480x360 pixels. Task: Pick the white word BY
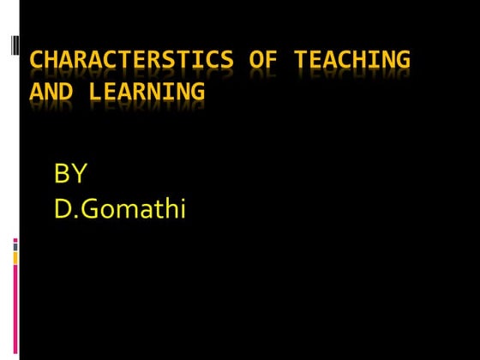[x=70, y=175]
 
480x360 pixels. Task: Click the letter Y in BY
[x=79, y=175]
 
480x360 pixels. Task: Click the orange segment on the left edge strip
[x=15, y=256]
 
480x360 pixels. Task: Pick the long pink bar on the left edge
[x=15, y=309]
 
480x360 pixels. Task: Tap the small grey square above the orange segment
[x=15, y=248]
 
